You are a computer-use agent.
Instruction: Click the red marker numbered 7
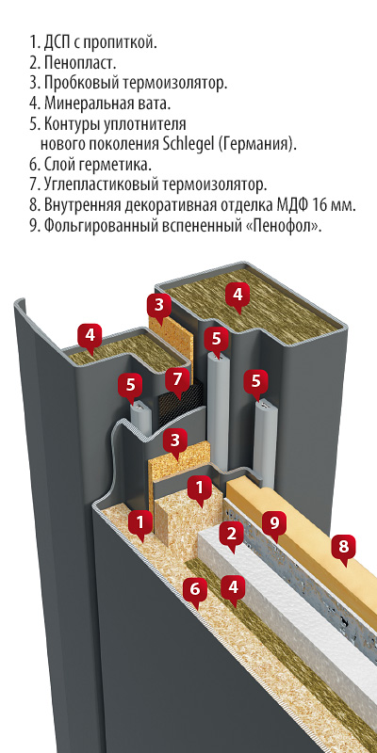coord(176,380)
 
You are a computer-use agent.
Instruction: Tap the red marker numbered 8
coord(343,546)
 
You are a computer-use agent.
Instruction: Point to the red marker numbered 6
coord(195,590)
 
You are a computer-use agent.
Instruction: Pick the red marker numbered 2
coord(229,535)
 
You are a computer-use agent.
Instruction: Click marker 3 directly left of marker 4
coord(159,304)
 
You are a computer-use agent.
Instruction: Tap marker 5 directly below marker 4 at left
coord(131,384)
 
